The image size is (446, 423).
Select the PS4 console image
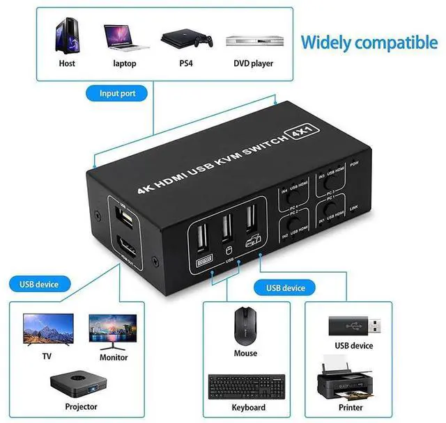pyautogui.click(x=186, y=39)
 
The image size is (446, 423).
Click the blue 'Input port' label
pyautogui.click(x=118, y=93)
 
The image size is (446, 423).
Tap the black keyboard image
pyautogui.click(x=247, y=385)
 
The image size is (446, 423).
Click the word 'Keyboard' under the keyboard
pyautogui.click(x=248, y=407)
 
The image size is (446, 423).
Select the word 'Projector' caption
pyautogui.click(x=81, y=406)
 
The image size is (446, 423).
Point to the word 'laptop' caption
pyautogui.click(x=125, y=64)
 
